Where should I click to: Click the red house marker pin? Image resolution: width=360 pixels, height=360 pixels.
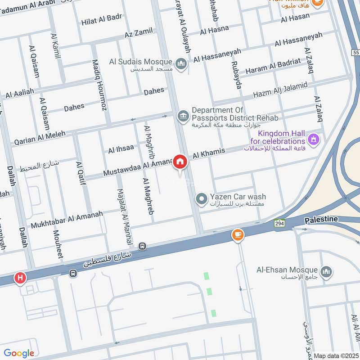[x=180, y=162]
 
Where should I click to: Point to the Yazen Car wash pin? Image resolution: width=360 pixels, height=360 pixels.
[x=202, y=198]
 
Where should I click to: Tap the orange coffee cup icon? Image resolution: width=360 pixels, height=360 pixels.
[x=237, y=234]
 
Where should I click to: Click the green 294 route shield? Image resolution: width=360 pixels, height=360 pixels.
[x=280, y=223]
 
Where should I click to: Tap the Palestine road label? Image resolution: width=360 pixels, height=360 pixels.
[x=321, y=219]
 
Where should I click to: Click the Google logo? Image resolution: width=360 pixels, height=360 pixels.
[x=19, y=353]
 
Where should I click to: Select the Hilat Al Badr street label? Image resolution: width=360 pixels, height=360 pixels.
[x=102, y=19]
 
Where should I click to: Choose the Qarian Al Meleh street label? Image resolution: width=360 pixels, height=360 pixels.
[x=40, y=137]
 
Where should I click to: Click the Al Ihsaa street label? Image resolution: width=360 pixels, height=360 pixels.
[x=121, y=149]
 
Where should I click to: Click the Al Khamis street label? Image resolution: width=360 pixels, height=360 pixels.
[x=209, y=153]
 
